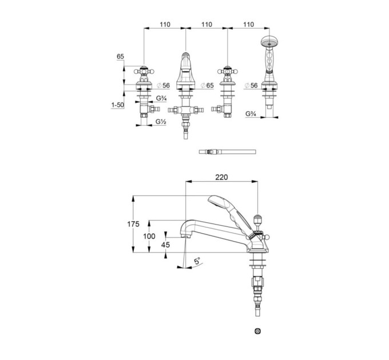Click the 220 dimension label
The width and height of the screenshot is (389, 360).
tap(221, 177)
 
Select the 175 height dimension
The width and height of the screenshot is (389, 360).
tap(133, 224)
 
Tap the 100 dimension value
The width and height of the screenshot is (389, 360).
tap(149, 237)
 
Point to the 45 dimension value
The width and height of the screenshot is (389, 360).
tap(165, 245)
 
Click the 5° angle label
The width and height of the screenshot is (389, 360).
tap(197, 261)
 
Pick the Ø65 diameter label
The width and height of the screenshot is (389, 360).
tap(207, 86)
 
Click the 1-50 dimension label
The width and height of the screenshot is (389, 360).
tap(118, 105)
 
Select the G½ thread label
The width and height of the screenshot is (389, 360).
tap(161, 122)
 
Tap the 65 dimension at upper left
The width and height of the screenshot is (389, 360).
tap(120, 57)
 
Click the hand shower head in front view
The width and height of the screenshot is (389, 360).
tap(269, 41)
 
